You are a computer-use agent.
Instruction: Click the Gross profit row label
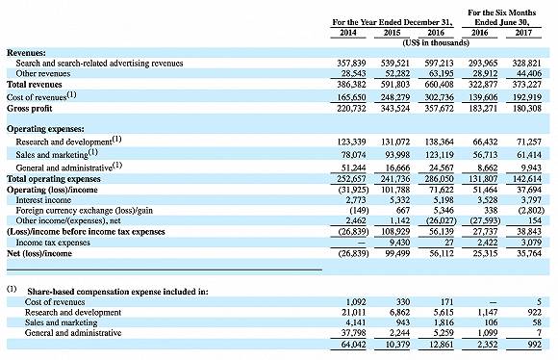click(x=30, y=109)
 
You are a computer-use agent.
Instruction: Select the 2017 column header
click(x=523, y=33)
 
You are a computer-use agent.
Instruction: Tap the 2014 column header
click(x=348, y=33)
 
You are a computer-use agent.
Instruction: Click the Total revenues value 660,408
click(x=439, y=85)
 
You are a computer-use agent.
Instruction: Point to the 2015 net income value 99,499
click(x=395, y=253)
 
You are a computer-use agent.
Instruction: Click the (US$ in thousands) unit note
click(x=436, y=43)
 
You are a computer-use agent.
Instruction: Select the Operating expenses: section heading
click(x=45, y=129)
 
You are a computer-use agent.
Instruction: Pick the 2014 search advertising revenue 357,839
click(x=351, y=64)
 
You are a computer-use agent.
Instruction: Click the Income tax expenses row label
click(x=53, y=243)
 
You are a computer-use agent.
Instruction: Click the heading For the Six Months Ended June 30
click(x=502, y=17)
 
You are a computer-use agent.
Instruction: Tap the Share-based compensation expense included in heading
click(x=117, y=292)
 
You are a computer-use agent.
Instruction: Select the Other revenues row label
click(x=43, y=74)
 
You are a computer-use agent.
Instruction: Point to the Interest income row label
click(x=43, y=200)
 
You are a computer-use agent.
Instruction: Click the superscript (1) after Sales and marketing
click(x=93, y=152)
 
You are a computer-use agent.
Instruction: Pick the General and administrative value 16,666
click(x=398, y=167)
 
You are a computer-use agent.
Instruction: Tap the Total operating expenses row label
click(x=54, y=179)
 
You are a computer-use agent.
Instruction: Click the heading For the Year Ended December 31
click(x=393, y=22)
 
